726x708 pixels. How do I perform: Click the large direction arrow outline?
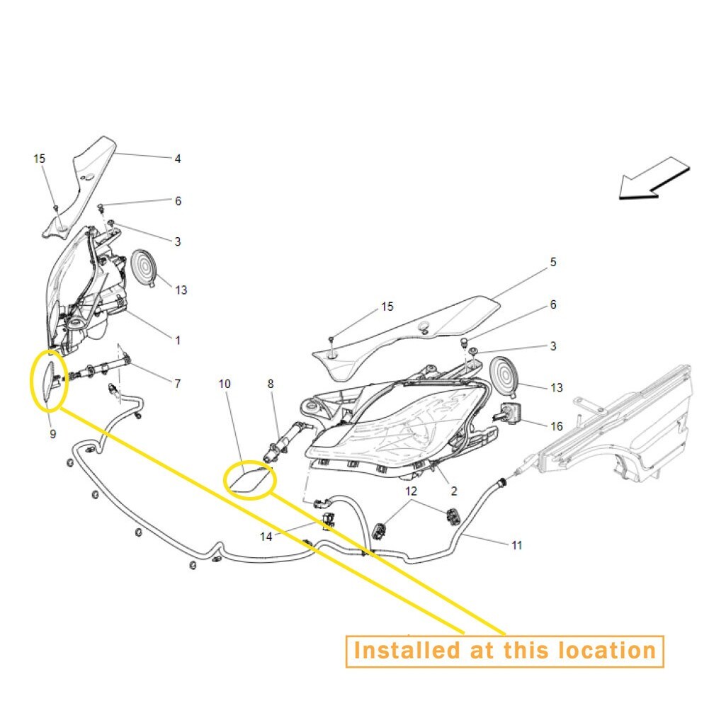tap(653, 180)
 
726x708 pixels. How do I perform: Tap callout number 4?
tap(178, 159)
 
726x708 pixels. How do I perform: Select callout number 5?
tap(553, 262)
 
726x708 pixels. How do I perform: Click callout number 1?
tap(178, 341)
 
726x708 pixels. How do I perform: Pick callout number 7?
tap(178, 384)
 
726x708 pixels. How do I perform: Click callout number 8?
tap(271, 384)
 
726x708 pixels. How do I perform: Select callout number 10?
tap(225, 384)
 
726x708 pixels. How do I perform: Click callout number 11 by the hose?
tap(517, 545)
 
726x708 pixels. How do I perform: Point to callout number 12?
tap(412, 490)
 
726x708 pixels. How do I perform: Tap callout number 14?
tap(266, 537)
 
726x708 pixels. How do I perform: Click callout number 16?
tap(557, 426)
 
